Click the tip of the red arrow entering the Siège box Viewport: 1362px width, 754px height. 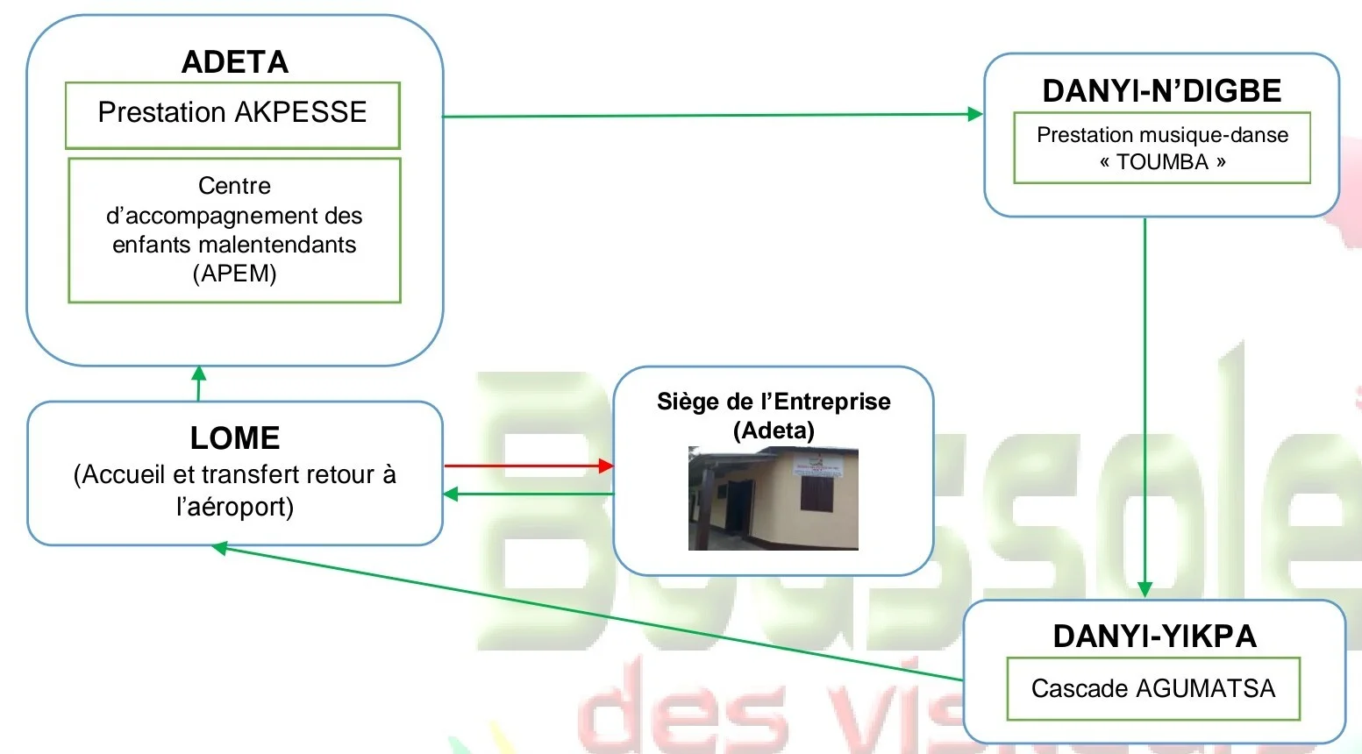[614, 466]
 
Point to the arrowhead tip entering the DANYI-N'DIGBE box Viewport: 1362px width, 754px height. [983, 114]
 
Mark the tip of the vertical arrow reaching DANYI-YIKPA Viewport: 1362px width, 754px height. [1145, 597]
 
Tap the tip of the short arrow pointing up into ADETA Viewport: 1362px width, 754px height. [199, 366]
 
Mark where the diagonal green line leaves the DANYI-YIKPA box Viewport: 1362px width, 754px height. [964, 679]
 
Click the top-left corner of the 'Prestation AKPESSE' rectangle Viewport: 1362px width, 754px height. [66, 82]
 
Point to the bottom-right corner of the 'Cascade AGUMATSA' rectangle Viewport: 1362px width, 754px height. [1300, 720]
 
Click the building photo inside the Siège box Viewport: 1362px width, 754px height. [773, 499]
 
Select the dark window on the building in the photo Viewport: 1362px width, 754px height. [816, 494]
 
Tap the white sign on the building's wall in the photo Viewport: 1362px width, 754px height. [817, 466]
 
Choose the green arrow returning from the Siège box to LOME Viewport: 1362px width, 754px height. [529, 494]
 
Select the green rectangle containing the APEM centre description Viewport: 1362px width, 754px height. [235, 231]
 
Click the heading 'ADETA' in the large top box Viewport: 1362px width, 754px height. [235, 62]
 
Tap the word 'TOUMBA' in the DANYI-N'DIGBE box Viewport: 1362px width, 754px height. [1163, 161]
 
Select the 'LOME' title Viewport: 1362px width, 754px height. [235, 437]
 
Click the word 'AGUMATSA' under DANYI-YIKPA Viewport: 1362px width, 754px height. [1205, 688]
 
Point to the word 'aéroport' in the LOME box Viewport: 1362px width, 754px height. [235, 507]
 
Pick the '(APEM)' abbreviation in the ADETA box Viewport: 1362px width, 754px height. [235, 274]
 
